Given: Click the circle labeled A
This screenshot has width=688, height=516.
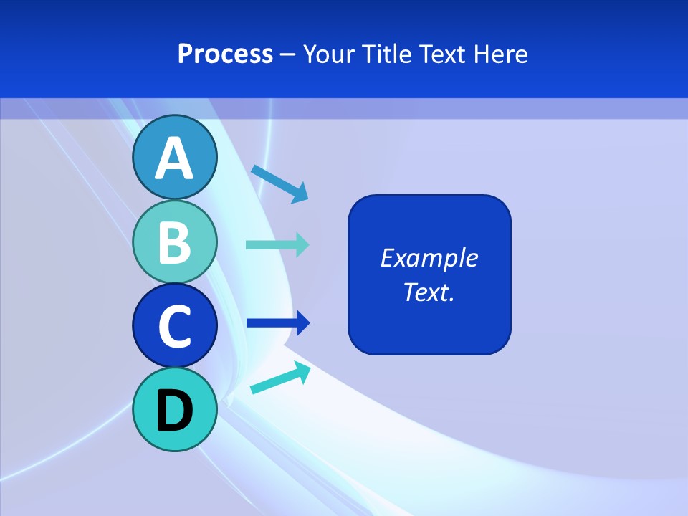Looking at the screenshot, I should (174, 157).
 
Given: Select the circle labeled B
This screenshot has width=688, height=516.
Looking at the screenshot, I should (174, 242).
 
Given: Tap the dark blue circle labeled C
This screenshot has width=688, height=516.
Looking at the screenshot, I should (174, 325).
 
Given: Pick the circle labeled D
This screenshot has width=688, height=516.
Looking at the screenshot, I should (174, 409).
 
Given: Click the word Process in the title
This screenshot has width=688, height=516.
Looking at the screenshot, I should (225, 54).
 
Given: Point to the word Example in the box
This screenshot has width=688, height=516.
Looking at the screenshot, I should (429, 258).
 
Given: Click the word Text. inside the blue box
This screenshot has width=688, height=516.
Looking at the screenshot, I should (429, 292).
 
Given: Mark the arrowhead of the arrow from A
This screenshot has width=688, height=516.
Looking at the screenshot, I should (300, 192).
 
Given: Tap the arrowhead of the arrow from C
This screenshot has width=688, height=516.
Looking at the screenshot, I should (302, 323).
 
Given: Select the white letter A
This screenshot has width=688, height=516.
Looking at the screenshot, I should (174, 158).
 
